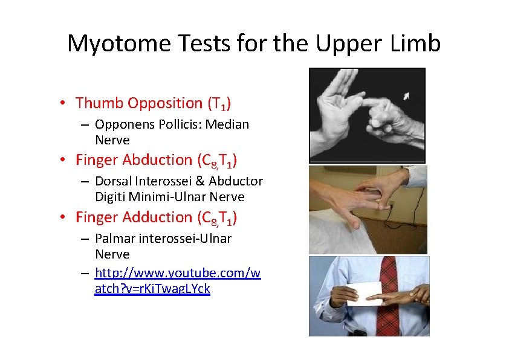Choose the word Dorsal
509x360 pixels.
[114, 181]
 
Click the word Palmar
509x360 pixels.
[115, 239]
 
